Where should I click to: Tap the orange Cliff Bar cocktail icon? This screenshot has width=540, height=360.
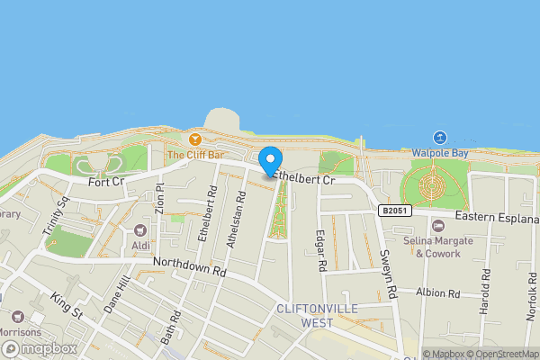coord(194,139)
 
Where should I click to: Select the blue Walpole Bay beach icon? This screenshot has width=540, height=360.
coord(440,137)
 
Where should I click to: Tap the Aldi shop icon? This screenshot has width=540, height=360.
coord(140,230)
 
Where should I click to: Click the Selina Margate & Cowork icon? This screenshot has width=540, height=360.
coord(438,225)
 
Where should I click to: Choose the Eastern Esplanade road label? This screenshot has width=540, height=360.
coord(496,218)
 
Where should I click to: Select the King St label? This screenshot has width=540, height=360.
coord(66,303)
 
